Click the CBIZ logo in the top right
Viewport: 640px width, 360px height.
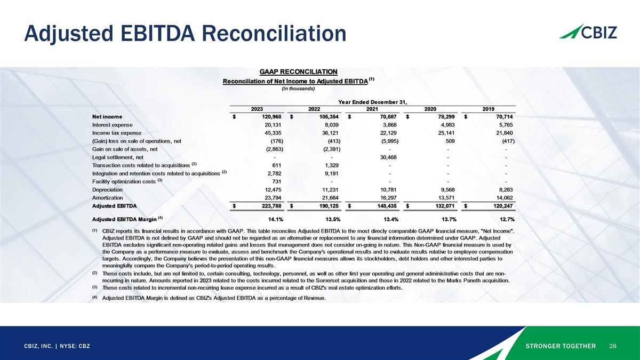tap(588, 31)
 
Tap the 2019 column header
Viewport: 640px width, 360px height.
tap(488, 109)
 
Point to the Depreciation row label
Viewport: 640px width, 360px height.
tap(107, 189)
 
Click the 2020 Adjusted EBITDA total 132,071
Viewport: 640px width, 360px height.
tap(444, 205)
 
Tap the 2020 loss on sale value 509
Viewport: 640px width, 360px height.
tap(449, 141)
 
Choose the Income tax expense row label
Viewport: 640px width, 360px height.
tap(116, 133)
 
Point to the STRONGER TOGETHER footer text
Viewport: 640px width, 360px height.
tap(561, 346)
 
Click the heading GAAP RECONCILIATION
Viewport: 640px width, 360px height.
tap(298, 72)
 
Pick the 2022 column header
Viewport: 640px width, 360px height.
tap(314, 109)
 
